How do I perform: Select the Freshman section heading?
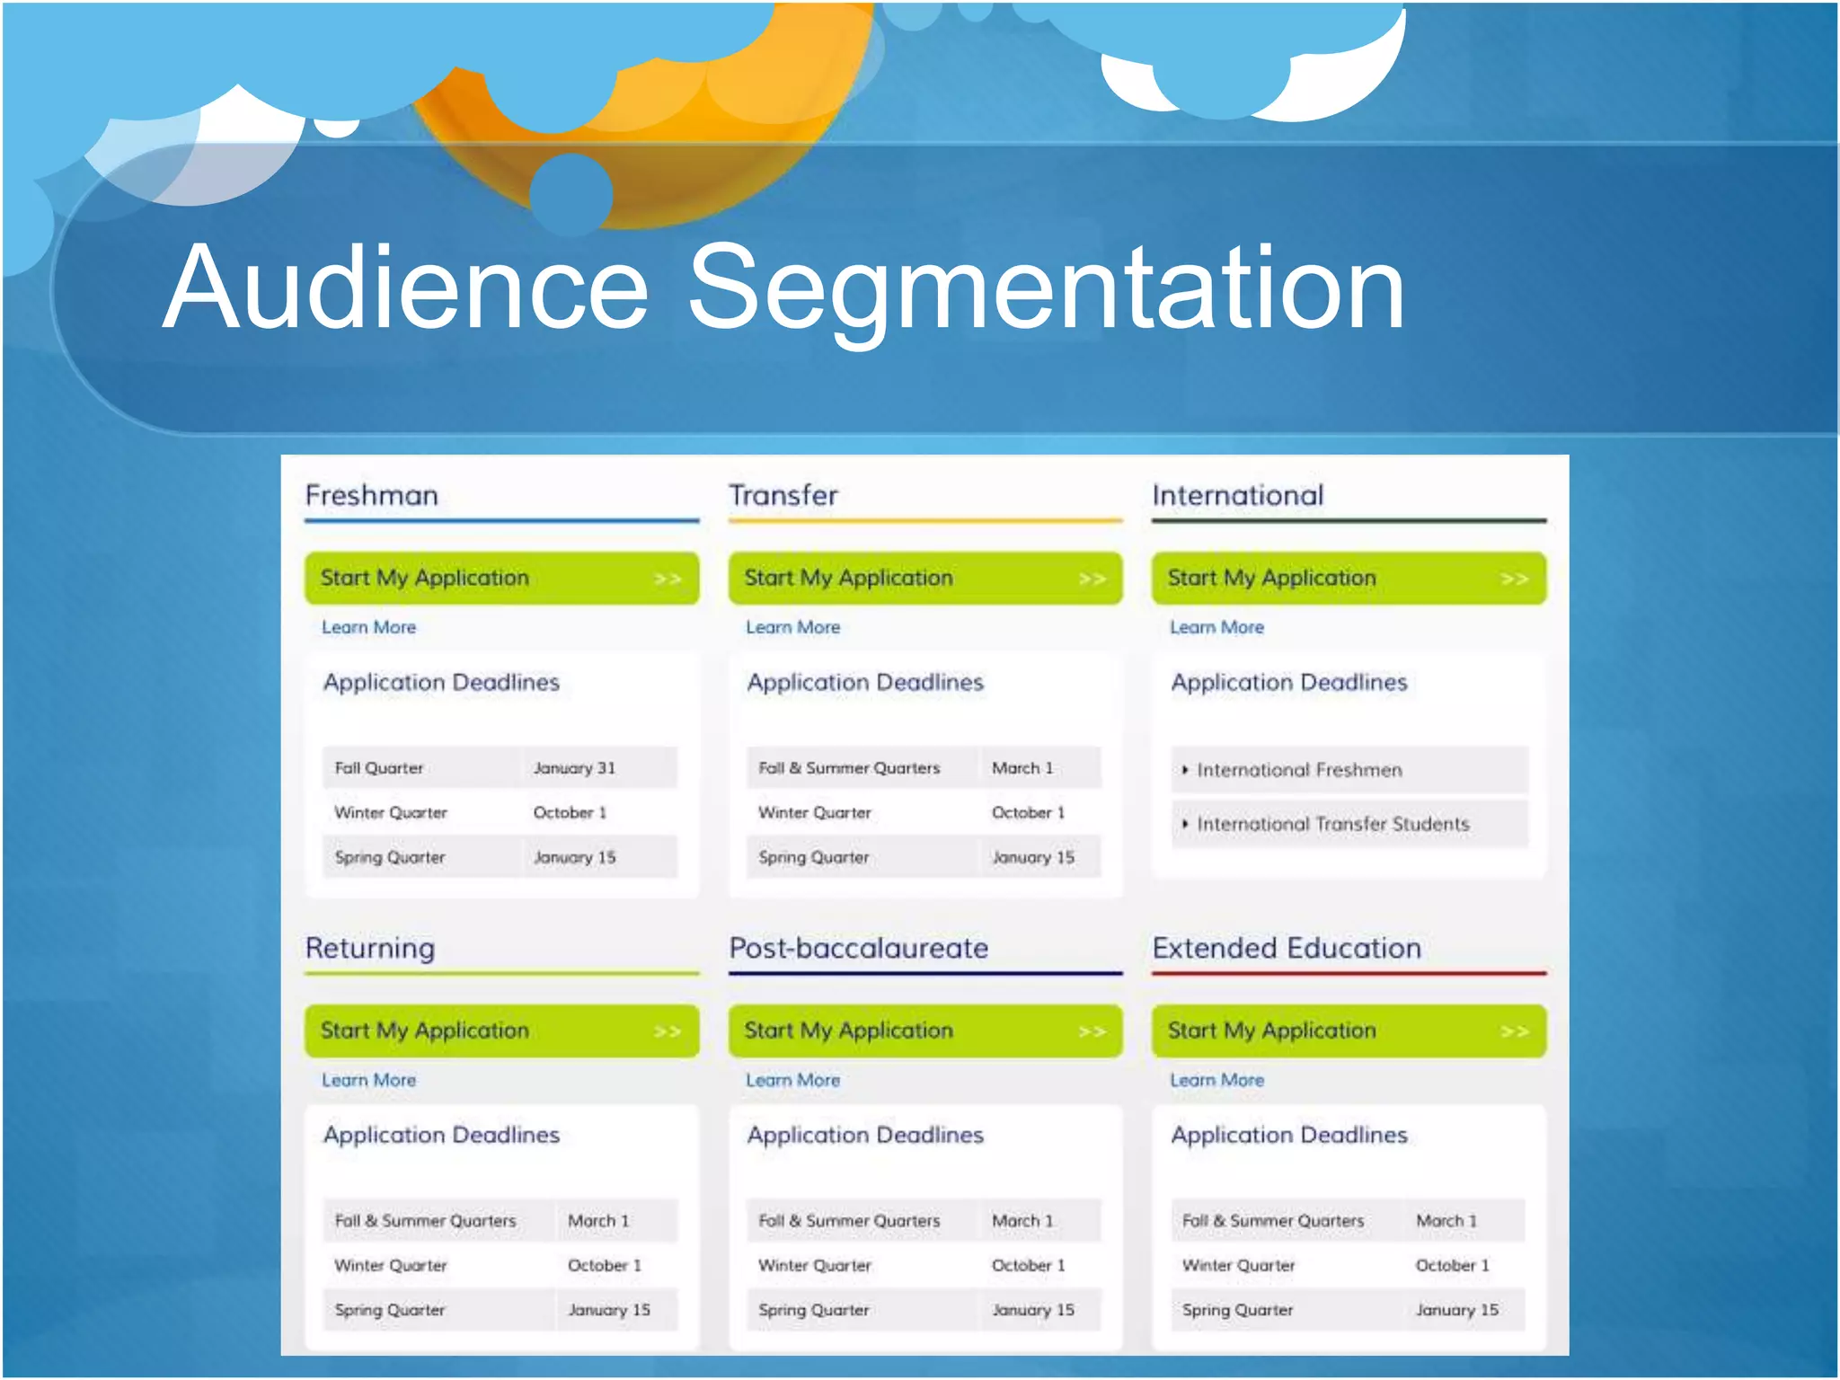(371, 495)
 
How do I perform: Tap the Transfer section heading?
(783, 495)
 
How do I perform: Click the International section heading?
(1237, 495)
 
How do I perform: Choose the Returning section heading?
(370, 948)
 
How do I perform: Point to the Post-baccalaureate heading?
(858, 948)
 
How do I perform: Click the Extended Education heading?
(1287, 948)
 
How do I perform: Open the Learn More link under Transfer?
(792, 627)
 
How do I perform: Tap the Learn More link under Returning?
(368, 1080)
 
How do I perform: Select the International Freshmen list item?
(1298, 770)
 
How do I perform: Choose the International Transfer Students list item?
(1332, 824)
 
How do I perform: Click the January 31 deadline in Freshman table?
(574, 768)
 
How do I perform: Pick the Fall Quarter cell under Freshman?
(378, 768)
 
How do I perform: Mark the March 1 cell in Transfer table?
(1022, 768)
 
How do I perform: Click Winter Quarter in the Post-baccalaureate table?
(814, 1265)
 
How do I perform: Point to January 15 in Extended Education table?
(1456, 1310)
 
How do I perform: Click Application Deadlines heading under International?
(1288, 683)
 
